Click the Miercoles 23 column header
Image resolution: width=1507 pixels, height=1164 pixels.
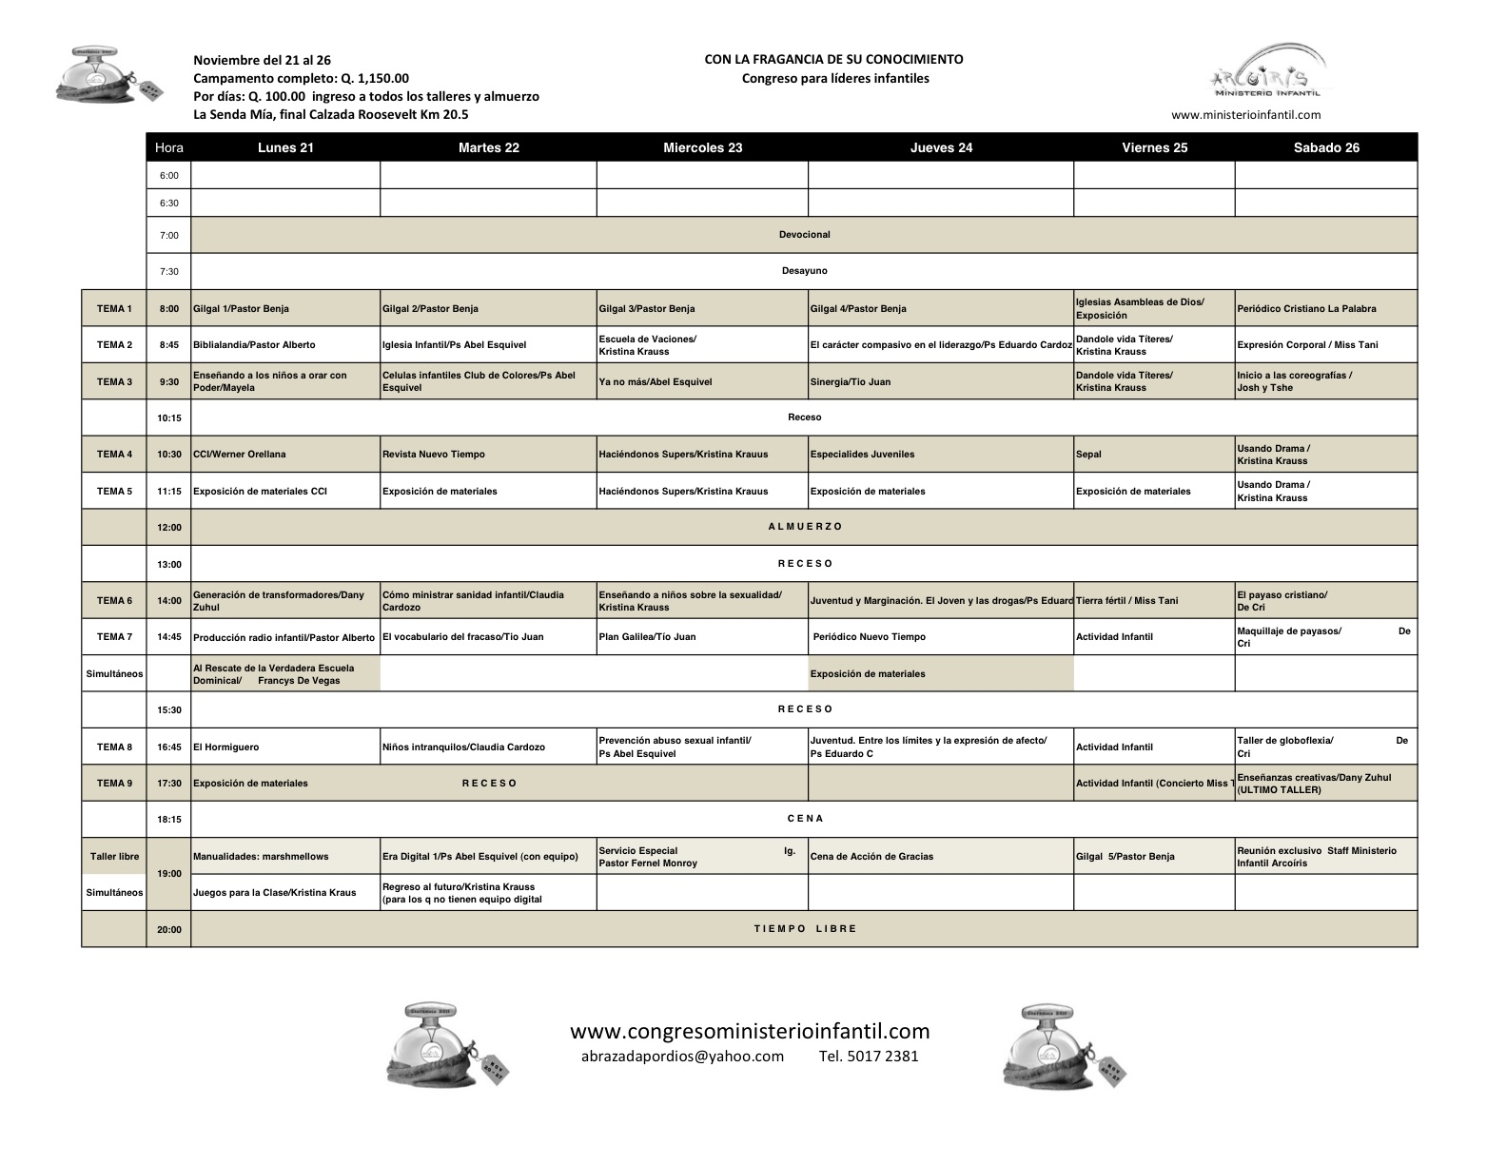tap(702, 147)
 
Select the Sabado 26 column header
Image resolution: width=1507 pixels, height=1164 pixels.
tap(1326, 147)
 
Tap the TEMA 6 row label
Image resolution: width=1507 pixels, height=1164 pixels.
tap(114, 600)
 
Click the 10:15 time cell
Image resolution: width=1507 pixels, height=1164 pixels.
tap(169, 417)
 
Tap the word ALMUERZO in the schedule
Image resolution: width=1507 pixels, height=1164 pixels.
tap(805, 526)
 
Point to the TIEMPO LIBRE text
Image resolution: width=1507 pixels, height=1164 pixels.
tap(805, 928)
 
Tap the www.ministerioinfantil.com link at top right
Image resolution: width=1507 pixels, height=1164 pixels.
tap(1245, 115)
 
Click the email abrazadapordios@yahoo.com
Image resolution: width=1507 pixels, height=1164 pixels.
tap(682, 1056)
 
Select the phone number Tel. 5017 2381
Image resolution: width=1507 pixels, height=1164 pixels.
tap(869, 1056)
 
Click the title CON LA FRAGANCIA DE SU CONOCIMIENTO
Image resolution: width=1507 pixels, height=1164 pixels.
tap(833, 59)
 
